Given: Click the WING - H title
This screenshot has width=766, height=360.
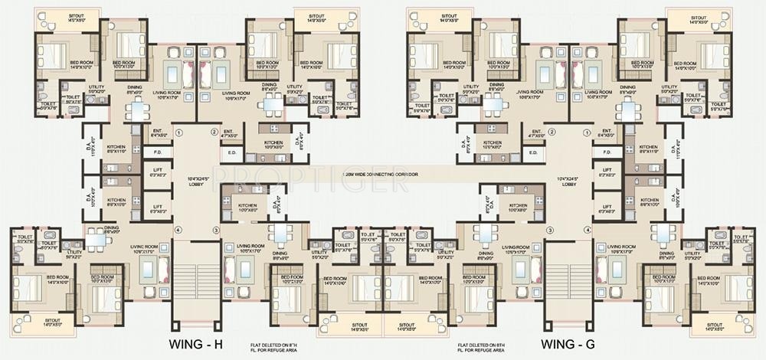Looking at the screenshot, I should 196,342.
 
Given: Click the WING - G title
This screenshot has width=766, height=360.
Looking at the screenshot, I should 568,342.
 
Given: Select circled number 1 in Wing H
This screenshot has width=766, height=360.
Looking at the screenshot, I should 178,132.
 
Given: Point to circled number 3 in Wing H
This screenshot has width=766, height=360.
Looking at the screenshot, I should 216,230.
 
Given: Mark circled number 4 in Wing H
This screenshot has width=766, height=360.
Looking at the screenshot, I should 178,230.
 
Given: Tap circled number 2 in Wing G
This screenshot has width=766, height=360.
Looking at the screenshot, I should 551,132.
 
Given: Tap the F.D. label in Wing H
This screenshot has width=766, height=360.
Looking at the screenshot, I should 156,153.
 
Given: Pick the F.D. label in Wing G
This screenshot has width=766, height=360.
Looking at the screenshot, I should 607,153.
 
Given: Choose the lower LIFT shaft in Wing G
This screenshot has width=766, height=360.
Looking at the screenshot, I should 607,207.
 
